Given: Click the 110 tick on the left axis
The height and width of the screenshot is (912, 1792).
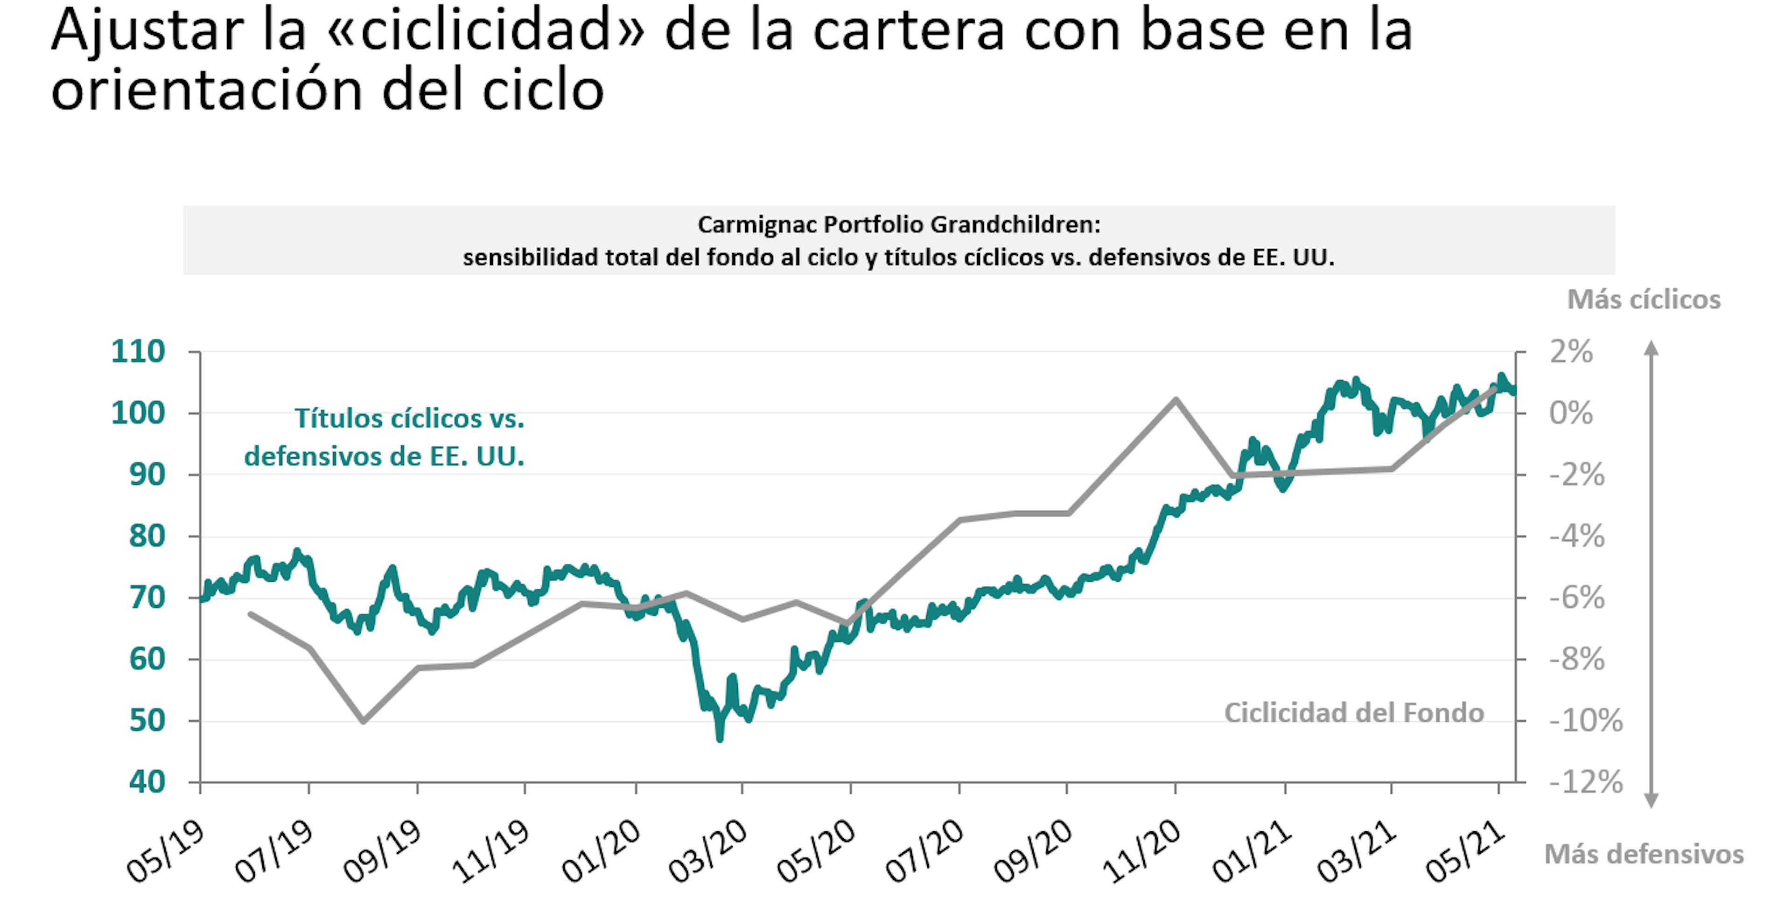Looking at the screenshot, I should (139, 352).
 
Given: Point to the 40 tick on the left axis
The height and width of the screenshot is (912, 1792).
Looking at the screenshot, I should (147, 782).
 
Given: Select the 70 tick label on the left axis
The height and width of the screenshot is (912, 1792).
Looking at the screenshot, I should (147, 598).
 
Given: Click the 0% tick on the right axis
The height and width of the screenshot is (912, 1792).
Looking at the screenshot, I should (1571, 413).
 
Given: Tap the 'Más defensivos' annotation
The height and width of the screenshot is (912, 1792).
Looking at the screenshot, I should (1644, 854).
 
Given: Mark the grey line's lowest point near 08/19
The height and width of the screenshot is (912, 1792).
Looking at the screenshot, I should (363, 721).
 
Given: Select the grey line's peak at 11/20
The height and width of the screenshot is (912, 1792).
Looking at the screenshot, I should (1176, 399).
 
